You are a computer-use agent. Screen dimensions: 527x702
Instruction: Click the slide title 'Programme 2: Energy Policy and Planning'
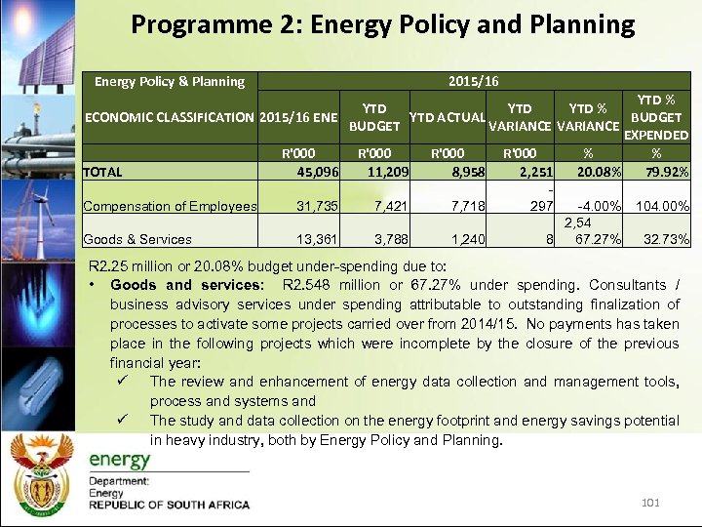pos(382,24)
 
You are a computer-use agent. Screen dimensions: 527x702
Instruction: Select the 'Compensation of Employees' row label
pos(170,206)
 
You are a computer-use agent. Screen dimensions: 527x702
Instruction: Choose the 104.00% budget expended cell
pos(662,206)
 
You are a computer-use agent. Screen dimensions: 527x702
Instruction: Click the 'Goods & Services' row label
pos(137,239)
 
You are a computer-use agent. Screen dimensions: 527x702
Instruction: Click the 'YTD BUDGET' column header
pos(374,117)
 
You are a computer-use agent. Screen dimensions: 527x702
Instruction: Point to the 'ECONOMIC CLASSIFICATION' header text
pos(170,117)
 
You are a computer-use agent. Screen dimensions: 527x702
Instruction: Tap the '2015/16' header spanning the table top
pos(473,82)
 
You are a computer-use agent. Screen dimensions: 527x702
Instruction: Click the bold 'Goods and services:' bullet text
pos(186,285)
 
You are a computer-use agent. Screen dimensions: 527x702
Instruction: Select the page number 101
pos(651,502)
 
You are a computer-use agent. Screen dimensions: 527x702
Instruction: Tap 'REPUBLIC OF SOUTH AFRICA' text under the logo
pos(169,506)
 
